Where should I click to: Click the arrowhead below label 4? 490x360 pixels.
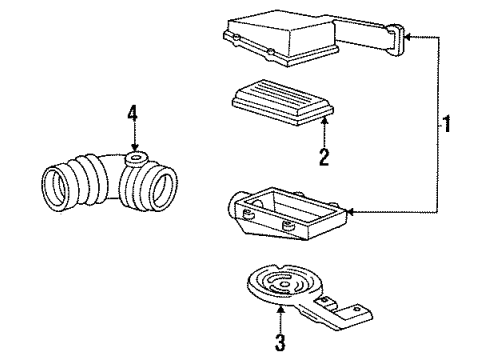tap(132, 148)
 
